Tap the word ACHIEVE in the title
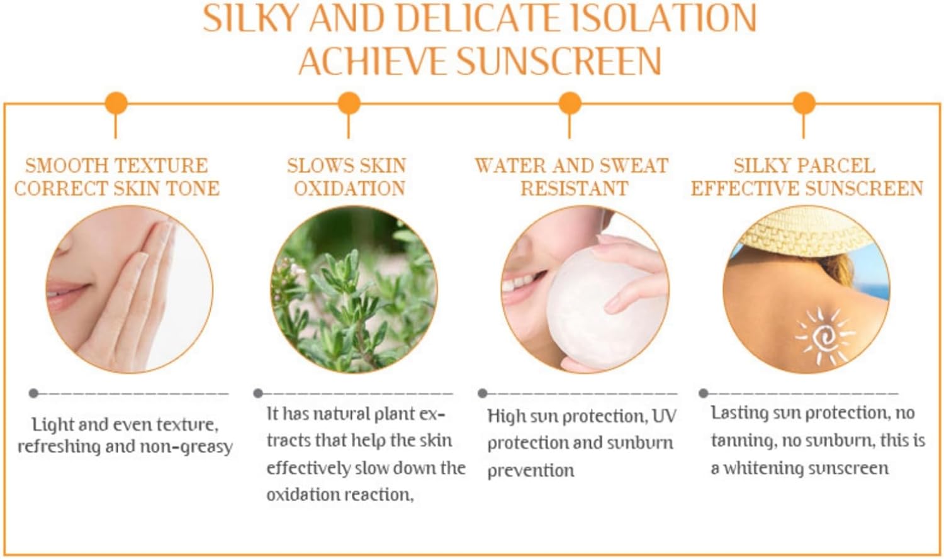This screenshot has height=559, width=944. (373, 61)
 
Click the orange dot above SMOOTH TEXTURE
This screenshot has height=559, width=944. (116, 103)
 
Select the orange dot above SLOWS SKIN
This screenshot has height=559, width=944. (349, 103)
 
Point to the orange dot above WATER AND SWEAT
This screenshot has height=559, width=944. (570, 103)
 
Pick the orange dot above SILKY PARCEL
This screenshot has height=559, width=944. (804, 103)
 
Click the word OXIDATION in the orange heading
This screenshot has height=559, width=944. (350, 189)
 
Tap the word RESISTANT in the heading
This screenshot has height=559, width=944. (575, 189)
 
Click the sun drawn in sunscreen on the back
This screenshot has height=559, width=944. (824, 336)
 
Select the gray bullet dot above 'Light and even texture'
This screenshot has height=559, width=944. (34, 393)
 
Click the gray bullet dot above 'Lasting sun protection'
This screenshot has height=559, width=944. (703, 393)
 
